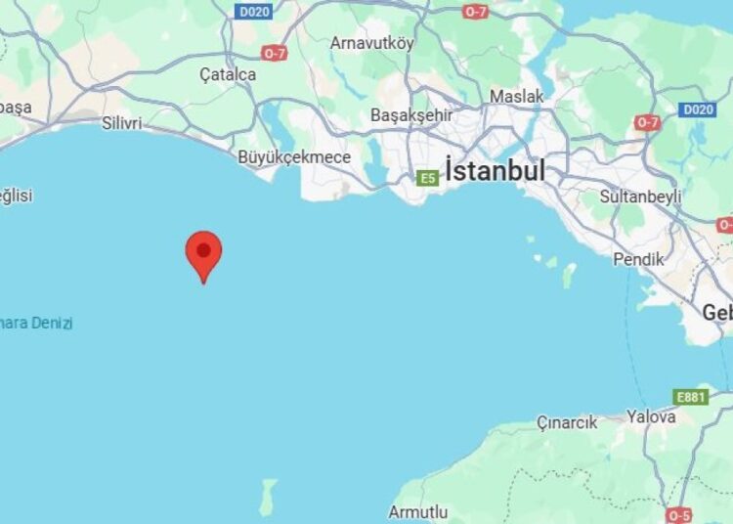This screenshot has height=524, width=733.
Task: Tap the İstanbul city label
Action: point(495,170)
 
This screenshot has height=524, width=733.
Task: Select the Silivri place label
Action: point(122,124)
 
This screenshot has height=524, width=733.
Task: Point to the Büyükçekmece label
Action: point(294,156)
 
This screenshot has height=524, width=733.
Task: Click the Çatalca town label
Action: point(228,74)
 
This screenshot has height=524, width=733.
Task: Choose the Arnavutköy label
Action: point(372,43)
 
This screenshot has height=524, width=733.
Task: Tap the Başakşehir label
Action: point(410,115)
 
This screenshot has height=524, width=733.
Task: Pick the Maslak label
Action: point(517,97)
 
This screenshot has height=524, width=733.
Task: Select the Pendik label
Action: point(638,259)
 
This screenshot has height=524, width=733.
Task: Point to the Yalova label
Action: point(651,416)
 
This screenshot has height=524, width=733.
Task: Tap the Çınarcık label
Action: point(567,422)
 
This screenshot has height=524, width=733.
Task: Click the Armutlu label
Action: point(418,512)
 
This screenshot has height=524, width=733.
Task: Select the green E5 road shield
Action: point(427,178)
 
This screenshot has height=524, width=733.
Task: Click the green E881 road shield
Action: point(690,396)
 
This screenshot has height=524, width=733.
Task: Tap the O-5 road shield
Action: point(678,514)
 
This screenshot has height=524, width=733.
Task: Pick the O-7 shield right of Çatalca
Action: point(274,53)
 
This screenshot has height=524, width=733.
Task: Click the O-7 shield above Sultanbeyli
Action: point(647,122)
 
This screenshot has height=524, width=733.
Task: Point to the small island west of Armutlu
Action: point(267,496)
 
